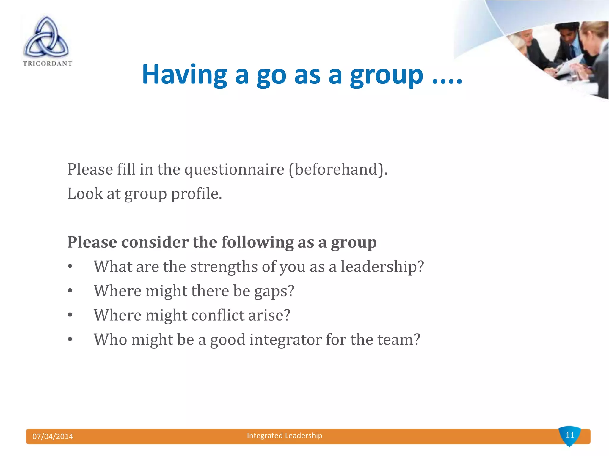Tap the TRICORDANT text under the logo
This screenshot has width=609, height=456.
point(48,63)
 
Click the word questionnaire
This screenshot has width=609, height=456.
point(234,170)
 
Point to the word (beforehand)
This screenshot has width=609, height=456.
point(338,170)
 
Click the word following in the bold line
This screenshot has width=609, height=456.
point(257,242)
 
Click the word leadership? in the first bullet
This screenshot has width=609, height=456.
point(382,267)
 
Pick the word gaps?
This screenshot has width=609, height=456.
point(274,291)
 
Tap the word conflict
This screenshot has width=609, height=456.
point(217,315)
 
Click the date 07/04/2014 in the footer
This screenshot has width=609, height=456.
point(53,436)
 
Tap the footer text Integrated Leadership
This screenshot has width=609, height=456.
point(285,436)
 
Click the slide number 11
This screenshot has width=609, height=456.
point(570,435)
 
